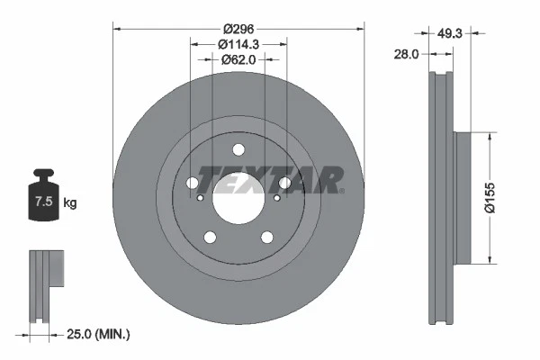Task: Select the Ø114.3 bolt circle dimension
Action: click(x=238, y=43)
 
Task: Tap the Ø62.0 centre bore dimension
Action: click(x=238, y=59)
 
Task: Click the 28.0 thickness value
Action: click(x=408, y=55)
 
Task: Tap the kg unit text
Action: click(x=70, y=203)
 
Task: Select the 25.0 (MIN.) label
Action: click(x=100, y=334)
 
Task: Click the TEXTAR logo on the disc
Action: click(x=269, y=181)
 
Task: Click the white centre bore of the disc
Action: click(x=238, y=194)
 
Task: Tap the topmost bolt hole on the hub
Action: click(x=238, y=150)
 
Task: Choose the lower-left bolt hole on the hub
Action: click(x=211, y=238)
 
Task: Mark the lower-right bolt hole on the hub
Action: click(x=267, y=238)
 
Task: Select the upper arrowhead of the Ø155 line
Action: click(x=488, y=137)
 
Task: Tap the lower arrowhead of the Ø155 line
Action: click(x=488, y=261)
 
